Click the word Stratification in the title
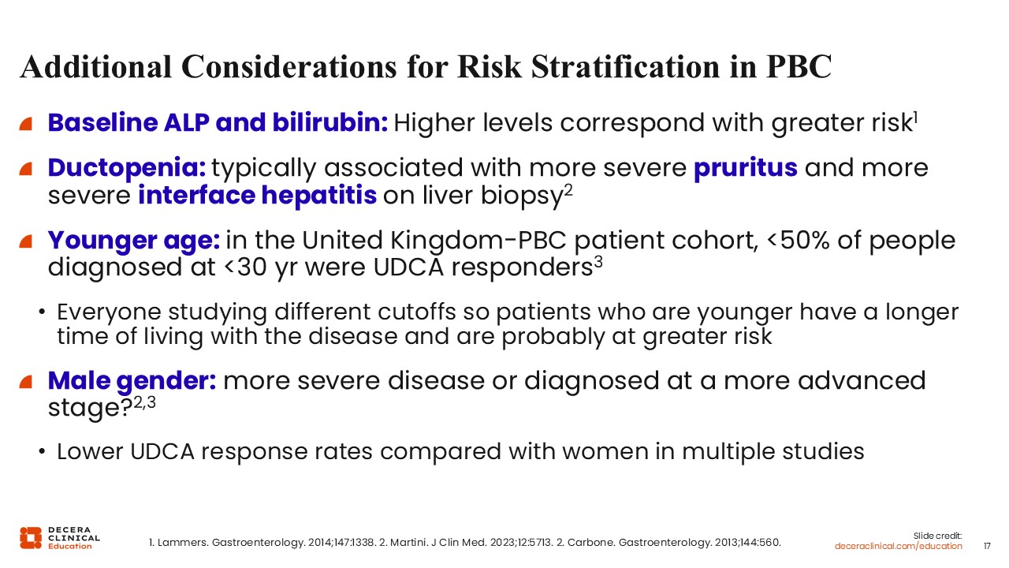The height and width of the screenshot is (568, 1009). (625, 67)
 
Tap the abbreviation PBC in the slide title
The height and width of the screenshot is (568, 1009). (799, 67)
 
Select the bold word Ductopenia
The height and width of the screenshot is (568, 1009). (127, 169)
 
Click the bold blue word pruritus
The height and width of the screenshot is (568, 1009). (746, 169)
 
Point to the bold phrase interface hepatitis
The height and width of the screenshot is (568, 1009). (257, 195)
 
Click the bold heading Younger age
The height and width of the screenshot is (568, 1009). (134, 241)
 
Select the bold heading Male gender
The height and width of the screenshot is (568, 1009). (132, 381)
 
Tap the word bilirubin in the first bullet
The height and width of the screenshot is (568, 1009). (330, 122)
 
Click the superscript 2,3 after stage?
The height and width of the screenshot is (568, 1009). (145, 402)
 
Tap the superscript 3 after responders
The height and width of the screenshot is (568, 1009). (598, 262)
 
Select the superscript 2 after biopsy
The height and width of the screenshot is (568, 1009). (568, 190)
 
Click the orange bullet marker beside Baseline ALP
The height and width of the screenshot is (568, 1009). (26, 124)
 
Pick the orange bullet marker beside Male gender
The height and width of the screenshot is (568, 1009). (26, 381)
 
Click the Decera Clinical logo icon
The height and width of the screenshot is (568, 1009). (31, 538)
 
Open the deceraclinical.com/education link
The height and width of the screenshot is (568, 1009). (898, 547)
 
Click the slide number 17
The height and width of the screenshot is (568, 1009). (987, 547)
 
